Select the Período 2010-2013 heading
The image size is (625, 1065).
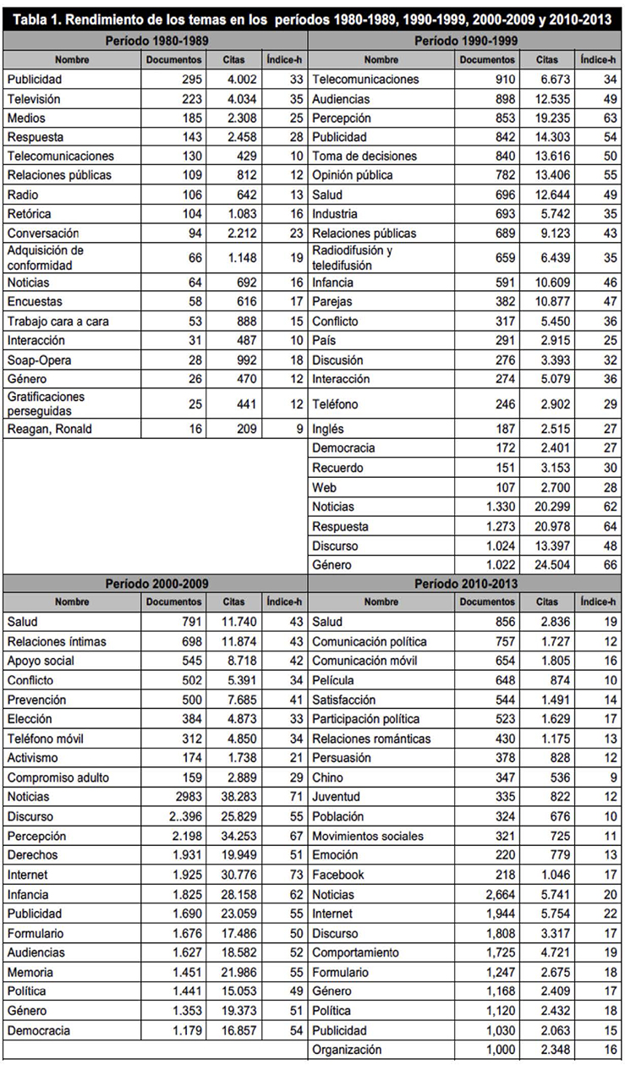467,584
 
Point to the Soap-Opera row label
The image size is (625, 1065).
38,360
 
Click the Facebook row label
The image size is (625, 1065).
339,875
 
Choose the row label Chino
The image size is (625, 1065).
328,777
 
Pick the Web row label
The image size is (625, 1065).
325,487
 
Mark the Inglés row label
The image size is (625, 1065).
328,429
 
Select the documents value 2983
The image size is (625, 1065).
184,797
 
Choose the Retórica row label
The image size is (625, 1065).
31,214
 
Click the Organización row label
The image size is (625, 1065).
347,1050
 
